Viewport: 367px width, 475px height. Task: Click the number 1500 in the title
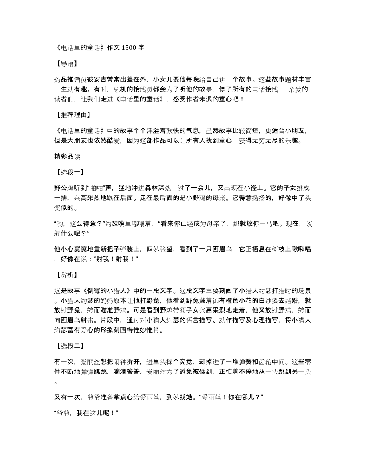pos(129,48)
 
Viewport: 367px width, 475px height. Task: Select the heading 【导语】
pos(65,63)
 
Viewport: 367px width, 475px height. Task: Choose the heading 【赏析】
pos(65,275)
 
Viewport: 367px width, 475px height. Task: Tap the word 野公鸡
pos(64,187)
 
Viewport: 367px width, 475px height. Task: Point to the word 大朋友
pos(81,140)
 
